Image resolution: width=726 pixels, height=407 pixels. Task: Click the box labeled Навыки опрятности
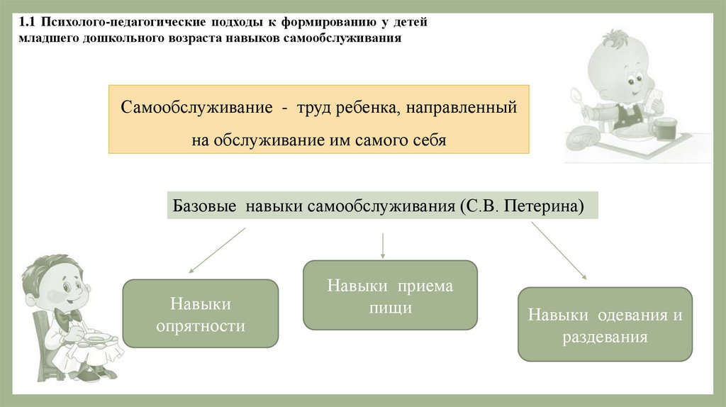201,313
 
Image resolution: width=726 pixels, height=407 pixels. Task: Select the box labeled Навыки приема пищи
390,296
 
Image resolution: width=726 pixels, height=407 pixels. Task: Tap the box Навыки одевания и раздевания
605,324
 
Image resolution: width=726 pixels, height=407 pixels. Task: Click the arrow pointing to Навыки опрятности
216,250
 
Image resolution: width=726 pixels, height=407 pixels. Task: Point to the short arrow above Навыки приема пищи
383,245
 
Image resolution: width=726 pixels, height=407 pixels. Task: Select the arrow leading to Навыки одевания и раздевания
559,252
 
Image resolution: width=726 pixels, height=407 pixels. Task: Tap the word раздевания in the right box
605,337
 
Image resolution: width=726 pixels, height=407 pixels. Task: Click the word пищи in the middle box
390,308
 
